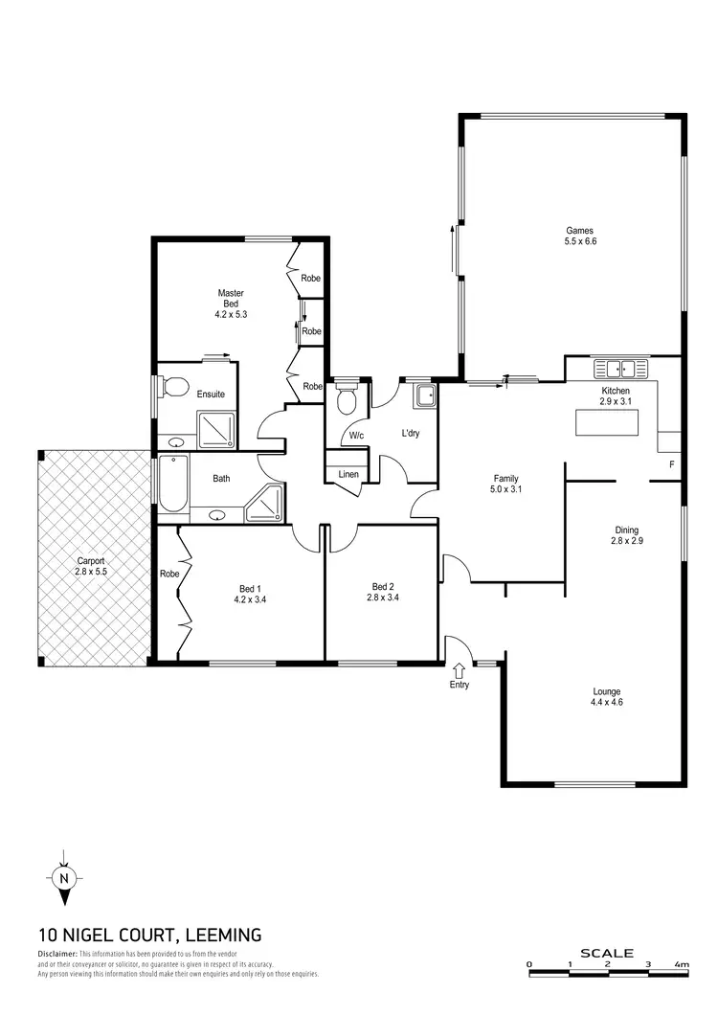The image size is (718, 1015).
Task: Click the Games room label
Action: (580, 231)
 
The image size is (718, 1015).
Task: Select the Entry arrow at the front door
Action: (459, 669)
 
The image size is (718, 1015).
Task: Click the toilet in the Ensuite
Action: (173, 388)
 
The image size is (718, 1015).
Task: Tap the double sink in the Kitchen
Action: (619, 368)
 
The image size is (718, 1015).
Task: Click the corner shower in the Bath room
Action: (266, 503)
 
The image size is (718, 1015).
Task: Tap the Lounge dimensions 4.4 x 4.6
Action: (606, 703)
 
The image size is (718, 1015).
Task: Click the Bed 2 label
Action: (383, 586)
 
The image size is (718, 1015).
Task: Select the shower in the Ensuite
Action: (217, 429)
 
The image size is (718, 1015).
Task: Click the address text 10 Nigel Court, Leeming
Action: (150, 935)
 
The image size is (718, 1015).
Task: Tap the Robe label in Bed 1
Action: (169, 574)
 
